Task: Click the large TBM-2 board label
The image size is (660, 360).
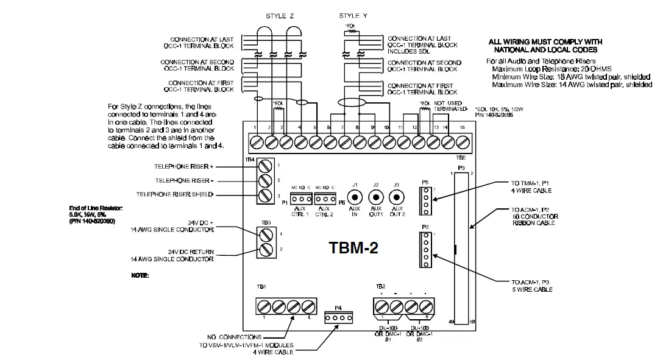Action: [x=354, y=248]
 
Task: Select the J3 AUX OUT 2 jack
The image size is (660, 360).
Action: [x=397, y=197]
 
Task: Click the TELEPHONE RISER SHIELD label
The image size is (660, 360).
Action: [x=174, y=194]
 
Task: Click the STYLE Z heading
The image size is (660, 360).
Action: [x=280, y=15]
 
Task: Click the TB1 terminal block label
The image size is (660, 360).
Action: [x=261, y=286]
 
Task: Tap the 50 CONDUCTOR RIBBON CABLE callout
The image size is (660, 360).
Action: [x=535, y=220]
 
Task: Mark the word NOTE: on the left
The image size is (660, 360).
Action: [x=140, y=276]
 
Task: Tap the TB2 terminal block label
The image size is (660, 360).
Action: [x=380, y=286]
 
